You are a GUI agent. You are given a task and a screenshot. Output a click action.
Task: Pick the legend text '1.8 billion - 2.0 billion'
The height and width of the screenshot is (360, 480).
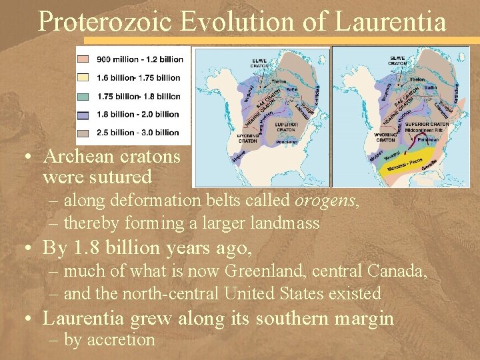pyautogui.click(x=138, y=114)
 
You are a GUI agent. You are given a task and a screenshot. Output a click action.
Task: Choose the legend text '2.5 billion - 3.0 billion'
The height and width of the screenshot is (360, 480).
pyautogui.click(x=138, y=132)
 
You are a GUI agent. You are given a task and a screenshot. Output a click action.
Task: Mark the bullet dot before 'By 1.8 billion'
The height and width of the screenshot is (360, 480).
pyautogui.click(x=27, y=249)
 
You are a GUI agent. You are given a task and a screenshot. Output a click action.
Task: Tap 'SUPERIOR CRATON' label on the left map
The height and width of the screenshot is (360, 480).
pyautogui.click(x=287, y=127)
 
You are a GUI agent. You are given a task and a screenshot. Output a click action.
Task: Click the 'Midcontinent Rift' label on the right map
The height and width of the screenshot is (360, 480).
pyautogui.click(x=426, y=129)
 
